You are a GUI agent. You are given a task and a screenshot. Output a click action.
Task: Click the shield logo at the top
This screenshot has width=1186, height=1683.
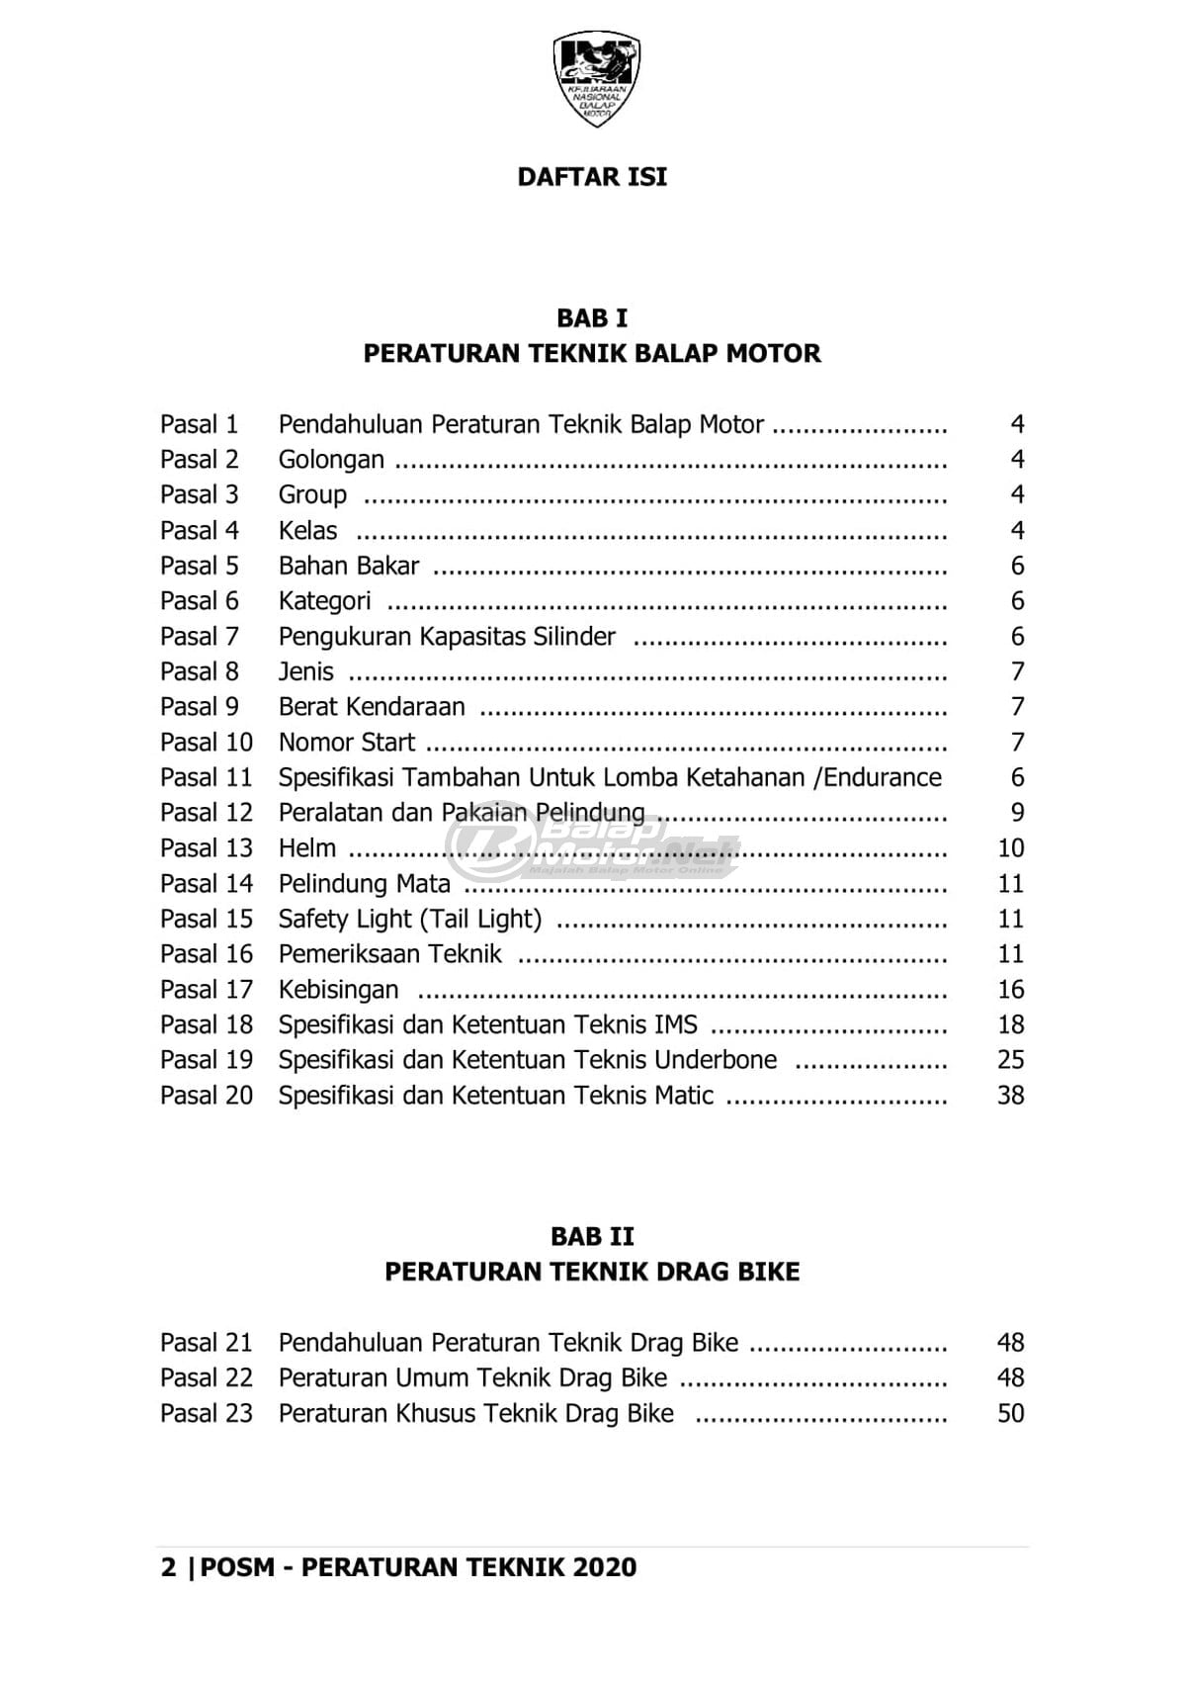coord(596,78)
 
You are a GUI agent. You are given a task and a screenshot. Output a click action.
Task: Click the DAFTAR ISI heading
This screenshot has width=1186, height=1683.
coord(592,177)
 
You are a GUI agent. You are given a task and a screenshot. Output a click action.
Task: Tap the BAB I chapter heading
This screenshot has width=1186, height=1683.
coord(592,318)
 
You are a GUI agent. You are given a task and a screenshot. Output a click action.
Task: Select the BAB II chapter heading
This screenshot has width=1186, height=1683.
coord(592,1236)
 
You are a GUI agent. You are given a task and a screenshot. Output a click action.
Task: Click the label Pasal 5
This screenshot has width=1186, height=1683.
coord(200,566)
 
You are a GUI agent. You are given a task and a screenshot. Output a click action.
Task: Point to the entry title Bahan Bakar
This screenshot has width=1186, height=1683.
coord(349,566)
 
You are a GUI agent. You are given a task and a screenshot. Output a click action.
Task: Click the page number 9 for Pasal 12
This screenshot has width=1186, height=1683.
coord(1017,813)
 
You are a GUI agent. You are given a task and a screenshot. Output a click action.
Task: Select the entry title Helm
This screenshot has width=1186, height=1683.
coord(307,848)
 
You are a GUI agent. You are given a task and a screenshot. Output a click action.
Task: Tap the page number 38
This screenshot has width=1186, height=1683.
coord(1010,1096)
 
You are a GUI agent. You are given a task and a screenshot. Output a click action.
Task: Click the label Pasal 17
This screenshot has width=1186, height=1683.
coord(207,990)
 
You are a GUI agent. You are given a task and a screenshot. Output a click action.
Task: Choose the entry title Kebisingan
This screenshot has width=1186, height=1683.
coord(338,990)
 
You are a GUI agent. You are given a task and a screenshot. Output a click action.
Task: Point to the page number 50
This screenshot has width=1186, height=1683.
coord(1010,1413)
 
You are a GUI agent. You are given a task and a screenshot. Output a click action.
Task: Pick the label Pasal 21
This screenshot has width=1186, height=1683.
coord(207,1343)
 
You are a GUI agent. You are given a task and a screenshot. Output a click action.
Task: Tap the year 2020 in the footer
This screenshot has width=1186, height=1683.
coord(604,1567)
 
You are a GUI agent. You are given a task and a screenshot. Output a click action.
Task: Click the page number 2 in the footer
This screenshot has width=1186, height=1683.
coord(169,1567)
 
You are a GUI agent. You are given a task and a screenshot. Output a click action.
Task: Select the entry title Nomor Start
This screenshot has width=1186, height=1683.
coord(347,743)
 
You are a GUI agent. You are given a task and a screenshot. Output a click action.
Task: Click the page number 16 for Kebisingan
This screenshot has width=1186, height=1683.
coord(1010,990)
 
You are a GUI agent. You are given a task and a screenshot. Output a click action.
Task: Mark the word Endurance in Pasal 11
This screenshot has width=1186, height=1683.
coord(883,778)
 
